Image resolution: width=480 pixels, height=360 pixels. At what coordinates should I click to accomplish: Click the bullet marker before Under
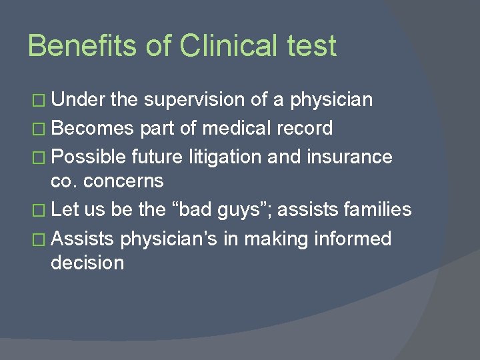point(41,101)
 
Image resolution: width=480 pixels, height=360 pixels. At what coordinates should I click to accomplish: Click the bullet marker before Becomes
point(41,128)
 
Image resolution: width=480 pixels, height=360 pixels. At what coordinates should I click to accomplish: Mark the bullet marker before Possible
point(41,157)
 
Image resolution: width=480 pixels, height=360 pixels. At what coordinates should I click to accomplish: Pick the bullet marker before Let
point(41,210)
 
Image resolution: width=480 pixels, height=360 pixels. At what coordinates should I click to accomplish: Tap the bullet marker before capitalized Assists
point(41,238)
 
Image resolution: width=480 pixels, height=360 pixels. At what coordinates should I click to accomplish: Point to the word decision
point(87,263)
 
